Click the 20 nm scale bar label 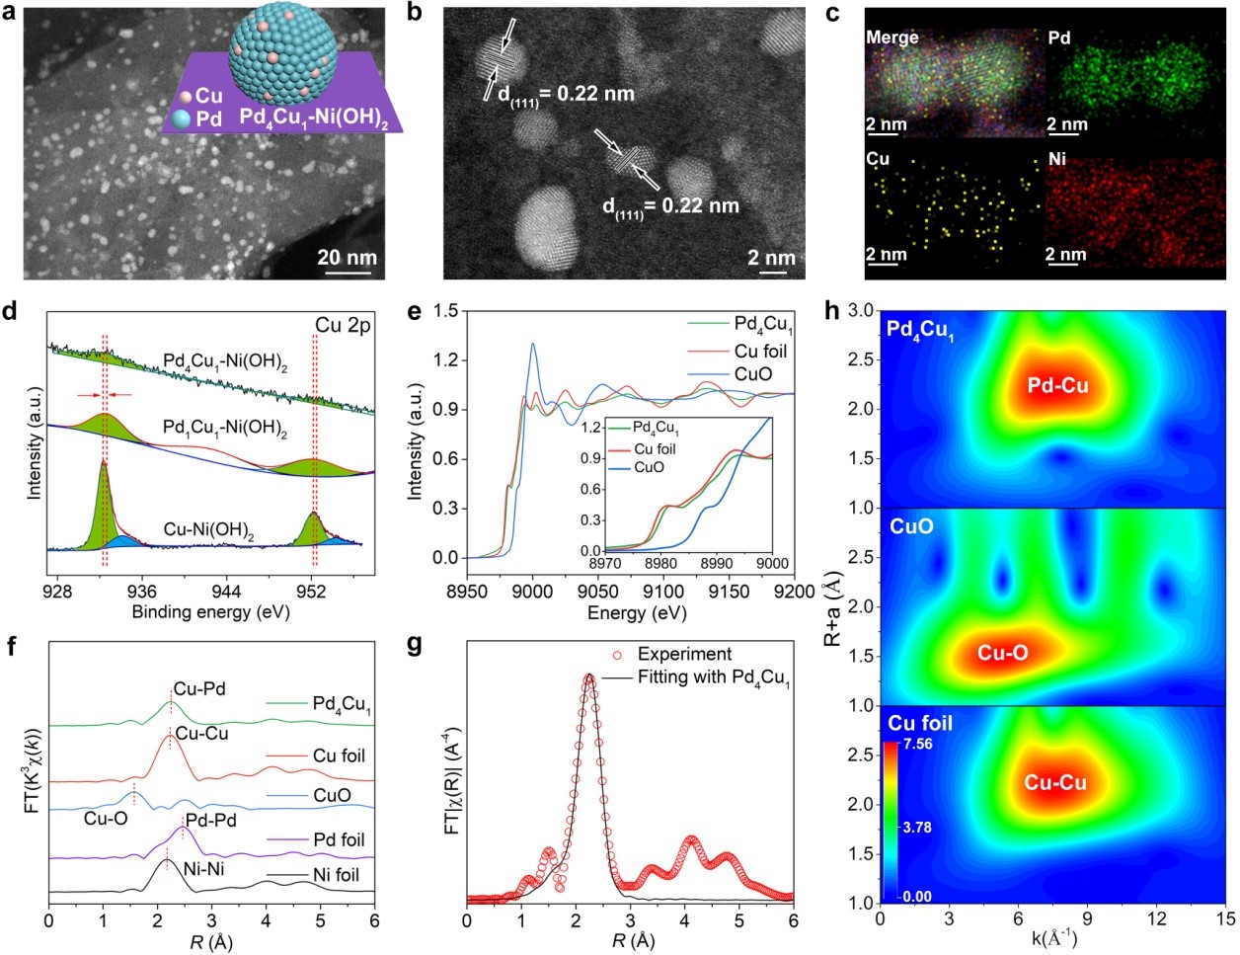tap(347, 259)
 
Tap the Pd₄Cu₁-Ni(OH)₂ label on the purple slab tap(314, 120)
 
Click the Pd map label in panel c tap(1058, 38)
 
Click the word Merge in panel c tap(891, 38)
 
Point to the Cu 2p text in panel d tap(343, 325)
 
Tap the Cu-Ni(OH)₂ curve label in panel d tap(208, 532)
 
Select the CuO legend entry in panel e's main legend tap(752, 374)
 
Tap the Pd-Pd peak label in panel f tap(211, 821)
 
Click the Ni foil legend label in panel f tap(336, 874)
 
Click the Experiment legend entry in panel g tap(684, 654)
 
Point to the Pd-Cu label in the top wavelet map tap(1057, 385)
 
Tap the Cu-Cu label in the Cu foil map tap(1055, 783)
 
